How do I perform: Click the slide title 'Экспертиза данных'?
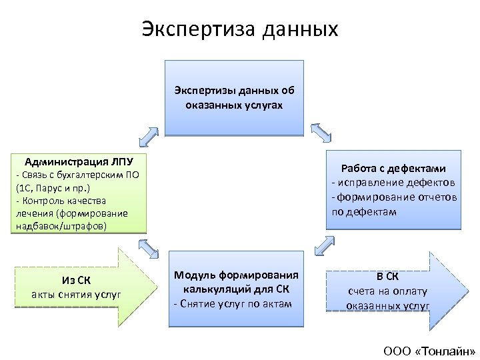pyautogui.click(x=240, y=29)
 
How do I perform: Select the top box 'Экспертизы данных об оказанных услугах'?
pyautogui.click(x=233, y=98)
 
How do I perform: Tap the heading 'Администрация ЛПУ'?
pyautogui.click(x=79, y=161)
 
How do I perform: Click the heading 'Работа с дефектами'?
pyautogui.click(x=393, y=169)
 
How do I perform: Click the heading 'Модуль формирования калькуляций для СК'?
pyautogui.click(x=235, y=282)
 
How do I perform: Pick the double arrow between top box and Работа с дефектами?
pyautogui.click(x=322, y=131)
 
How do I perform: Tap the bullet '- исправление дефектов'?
pyautogui.click(x=393, y=183)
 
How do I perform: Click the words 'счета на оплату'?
pyautogui.click(x=387, y=291)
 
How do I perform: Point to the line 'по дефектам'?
pyautogui.click(x=363, y=212)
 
